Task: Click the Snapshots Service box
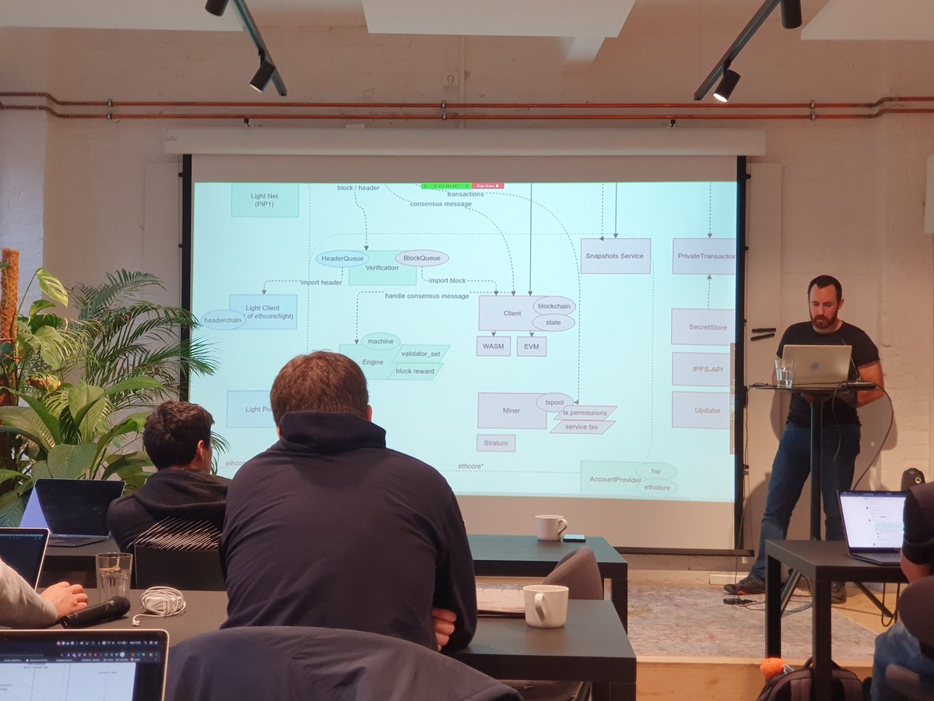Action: (x=615, y=255)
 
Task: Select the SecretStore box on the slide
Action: (x=702, y=327)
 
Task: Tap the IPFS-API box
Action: (x=700, y=369)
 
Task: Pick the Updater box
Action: (x=700, y=410)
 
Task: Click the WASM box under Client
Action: (x=493, y=347)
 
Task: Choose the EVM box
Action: (x=531, y=347)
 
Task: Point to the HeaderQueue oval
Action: (x=342, y=259)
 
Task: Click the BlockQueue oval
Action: (x=422, y=258)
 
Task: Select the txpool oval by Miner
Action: (x=554, y=402)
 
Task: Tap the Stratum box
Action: (x=496, y=443)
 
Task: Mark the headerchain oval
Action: (x=223, y=319)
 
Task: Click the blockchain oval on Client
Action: (x=554, y=305)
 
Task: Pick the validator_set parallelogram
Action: (x=420, y=354)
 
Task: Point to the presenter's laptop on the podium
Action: (x=816, y=365)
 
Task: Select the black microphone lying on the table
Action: (x=96, y=611)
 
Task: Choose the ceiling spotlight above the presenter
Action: (x=726, y=84)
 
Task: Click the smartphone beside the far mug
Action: (x=574, y=537)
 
